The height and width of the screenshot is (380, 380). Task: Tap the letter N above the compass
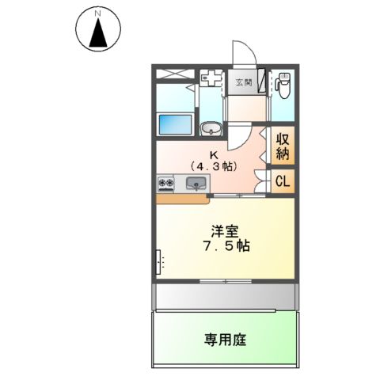(x=97, y=13)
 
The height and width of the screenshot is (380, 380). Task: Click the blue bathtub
(x=175, y=123)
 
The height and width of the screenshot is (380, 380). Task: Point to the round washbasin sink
(x=211, y=129)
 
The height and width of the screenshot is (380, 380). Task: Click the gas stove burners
(x=166, y=184)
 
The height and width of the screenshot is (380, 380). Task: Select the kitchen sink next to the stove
(x=196, y=184)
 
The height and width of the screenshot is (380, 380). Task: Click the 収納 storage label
(x=282, y=146)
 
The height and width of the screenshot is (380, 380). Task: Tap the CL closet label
(x=282, y=181)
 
